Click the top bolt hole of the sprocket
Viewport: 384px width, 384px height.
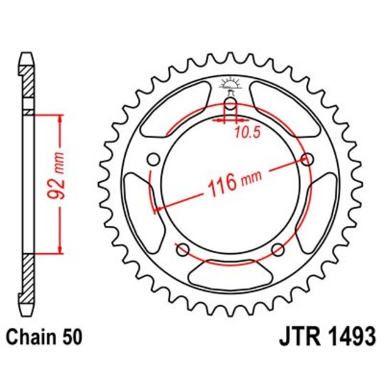point(230,105)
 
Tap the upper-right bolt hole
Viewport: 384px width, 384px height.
point(308,159)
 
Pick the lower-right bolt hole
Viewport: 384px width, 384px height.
point(278,249)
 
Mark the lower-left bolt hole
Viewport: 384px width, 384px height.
point(182,249)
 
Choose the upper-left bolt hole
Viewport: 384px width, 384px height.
point(152,159)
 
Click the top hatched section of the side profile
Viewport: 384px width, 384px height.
point(27,82)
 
